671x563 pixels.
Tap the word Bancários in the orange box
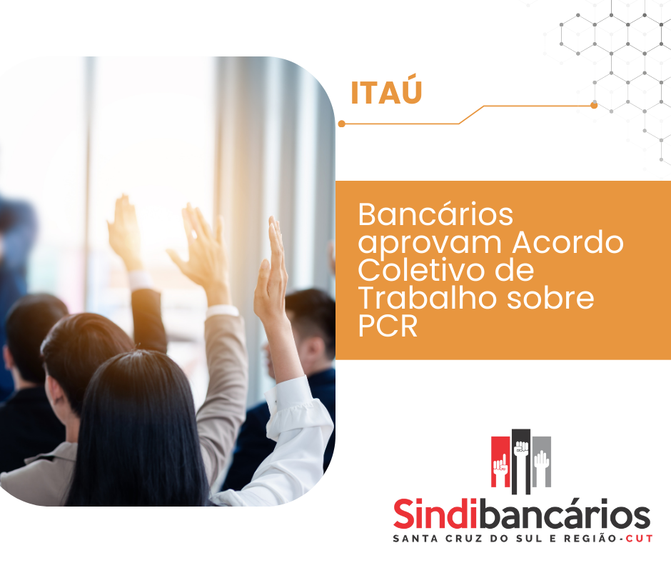coord(435,214)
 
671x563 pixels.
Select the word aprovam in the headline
coord(429,244)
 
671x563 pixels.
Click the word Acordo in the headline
coord(567,242)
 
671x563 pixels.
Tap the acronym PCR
coord(388,326)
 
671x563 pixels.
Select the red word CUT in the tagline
coord(640,539)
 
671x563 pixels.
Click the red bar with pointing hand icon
coord(500,462)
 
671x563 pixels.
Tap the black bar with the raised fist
coord(521,462)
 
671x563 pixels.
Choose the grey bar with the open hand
coord(541,462)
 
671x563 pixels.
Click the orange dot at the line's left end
coord(341,124)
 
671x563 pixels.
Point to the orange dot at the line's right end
coord(594,106)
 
